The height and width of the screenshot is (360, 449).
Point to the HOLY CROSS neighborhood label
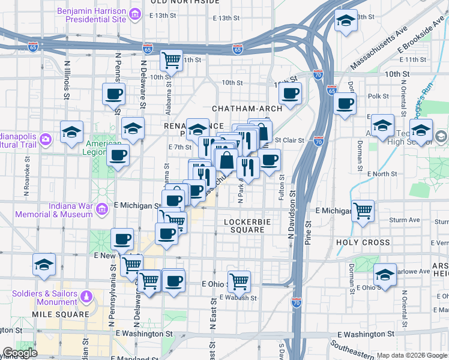click(363, 243)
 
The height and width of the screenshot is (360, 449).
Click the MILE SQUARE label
click(61, 314)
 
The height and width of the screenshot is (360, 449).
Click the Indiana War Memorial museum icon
click(102, 209)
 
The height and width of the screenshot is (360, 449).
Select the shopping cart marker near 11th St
click(172, 59)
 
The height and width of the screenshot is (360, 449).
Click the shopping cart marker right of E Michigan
click(363, 211)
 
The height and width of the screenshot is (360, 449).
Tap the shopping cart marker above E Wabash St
click(239, 280)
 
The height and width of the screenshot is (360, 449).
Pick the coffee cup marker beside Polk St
click(345, 103)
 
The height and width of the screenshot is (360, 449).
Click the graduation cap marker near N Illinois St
click(71, 131)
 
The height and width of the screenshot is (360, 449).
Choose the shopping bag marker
click(228, 160)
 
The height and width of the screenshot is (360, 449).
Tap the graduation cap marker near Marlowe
click(384, 274)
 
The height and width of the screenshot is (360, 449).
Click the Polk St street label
click(378, 96)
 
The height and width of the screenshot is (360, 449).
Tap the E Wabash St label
click(238, 298)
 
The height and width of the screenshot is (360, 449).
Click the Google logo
click(20, 353)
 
